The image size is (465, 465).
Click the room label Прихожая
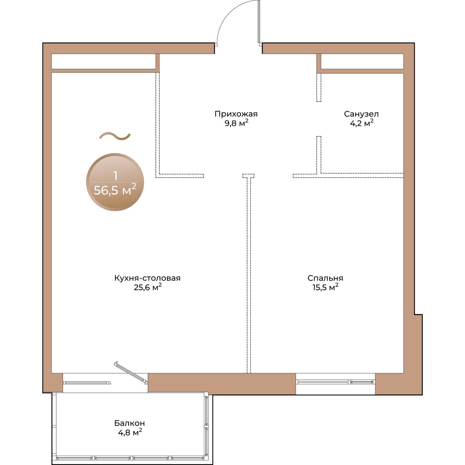(236, 114)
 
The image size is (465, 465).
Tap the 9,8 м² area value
(236, 123)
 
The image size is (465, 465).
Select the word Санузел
(361, 114)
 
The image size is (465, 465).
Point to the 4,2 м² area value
(362, 123)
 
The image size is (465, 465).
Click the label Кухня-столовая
(147, 278)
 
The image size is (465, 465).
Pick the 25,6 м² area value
(148, 288)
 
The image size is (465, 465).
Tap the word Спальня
(325, 278)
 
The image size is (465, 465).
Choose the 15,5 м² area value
(325, 288)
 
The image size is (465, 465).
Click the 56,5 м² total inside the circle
(115, 189)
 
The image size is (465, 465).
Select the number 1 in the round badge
(115, 176)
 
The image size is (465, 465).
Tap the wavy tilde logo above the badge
(115, 136)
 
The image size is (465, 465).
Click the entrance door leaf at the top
(259, 22)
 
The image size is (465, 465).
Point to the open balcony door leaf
(131, 372)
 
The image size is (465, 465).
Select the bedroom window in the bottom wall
(336, 382)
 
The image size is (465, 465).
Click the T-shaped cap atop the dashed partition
(248, 176)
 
